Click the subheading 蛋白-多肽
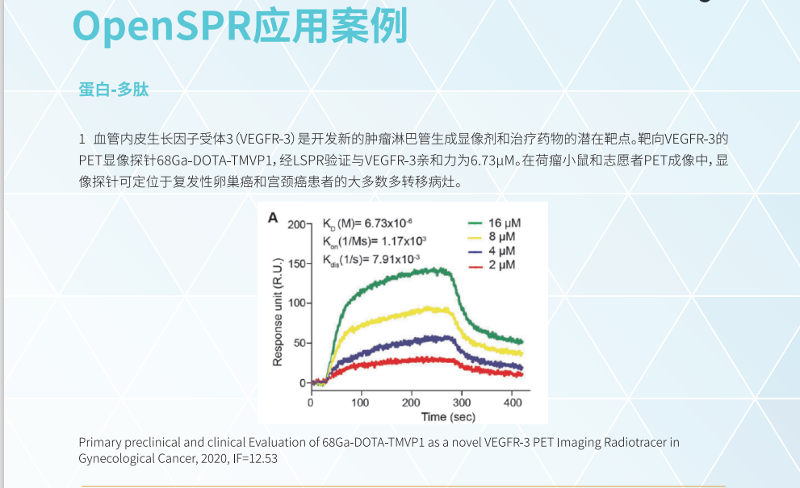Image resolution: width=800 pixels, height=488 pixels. pyautogui.click(x=114, y=90)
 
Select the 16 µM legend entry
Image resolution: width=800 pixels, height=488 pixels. pyautogui.click(x=502, y=222)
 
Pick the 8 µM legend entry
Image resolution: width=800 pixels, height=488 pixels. pyautogui.click(x=502, y=236)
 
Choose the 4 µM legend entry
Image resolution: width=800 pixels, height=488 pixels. pyautogui.click(x=502, y=251)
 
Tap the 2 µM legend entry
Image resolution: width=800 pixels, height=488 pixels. pyautogui.click(x=502, y=265)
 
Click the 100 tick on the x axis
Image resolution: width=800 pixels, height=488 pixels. pyautogui.click(x=360, y=402)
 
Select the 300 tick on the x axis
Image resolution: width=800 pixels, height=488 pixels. pyautogui.click(x=462, y=402)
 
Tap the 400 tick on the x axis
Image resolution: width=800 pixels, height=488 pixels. pyautogui.click(x=512, y=402)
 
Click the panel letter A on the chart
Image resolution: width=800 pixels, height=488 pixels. pyautogui.click(x=273, y=218)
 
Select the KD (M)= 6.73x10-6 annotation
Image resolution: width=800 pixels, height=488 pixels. pyautogui.click(x=368, y=223)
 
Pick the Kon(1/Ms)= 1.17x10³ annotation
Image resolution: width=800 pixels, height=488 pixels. pyautogui.click(x=374, y=241)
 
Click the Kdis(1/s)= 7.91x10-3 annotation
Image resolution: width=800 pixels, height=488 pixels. pyautogui.click(x=371, y=259)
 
